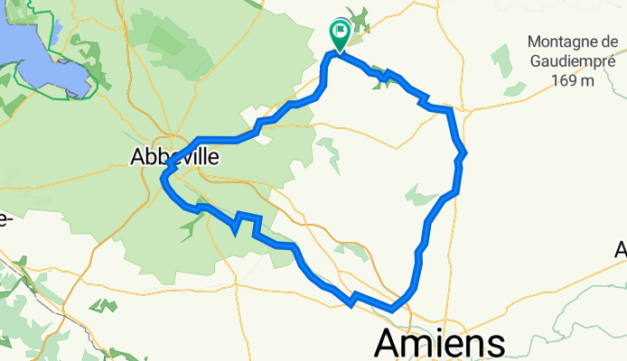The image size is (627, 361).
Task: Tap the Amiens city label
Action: tap(439, 344)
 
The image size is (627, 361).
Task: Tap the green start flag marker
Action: tap(341, 34)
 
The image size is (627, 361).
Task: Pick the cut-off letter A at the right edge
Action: tap(622, 250)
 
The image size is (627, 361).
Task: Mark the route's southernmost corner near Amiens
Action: tap(392, 309)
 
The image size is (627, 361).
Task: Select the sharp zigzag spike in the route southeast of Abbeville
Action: tap(239, 218)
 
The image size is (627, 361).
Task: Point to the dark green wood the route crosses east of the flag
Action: tap(386, 76)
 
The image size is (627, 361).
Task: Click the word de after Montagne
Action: tap(603, 42)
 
